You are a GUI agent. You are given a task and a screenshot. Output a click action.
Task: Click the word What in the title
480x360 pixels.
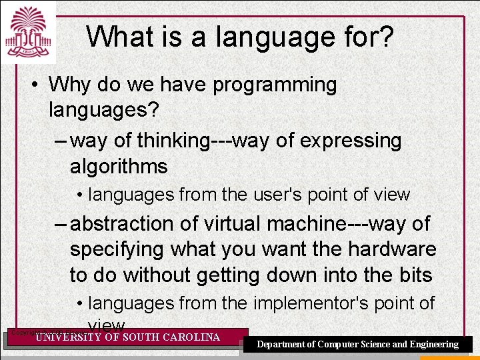[x=119, y=37]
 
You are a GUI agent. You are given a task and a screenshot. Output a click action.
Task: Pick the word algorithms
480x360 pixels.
[x=119, y=166]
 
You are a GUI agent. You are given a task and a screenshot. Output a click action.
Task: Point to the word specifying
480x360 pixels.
[x=118, y=249]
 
